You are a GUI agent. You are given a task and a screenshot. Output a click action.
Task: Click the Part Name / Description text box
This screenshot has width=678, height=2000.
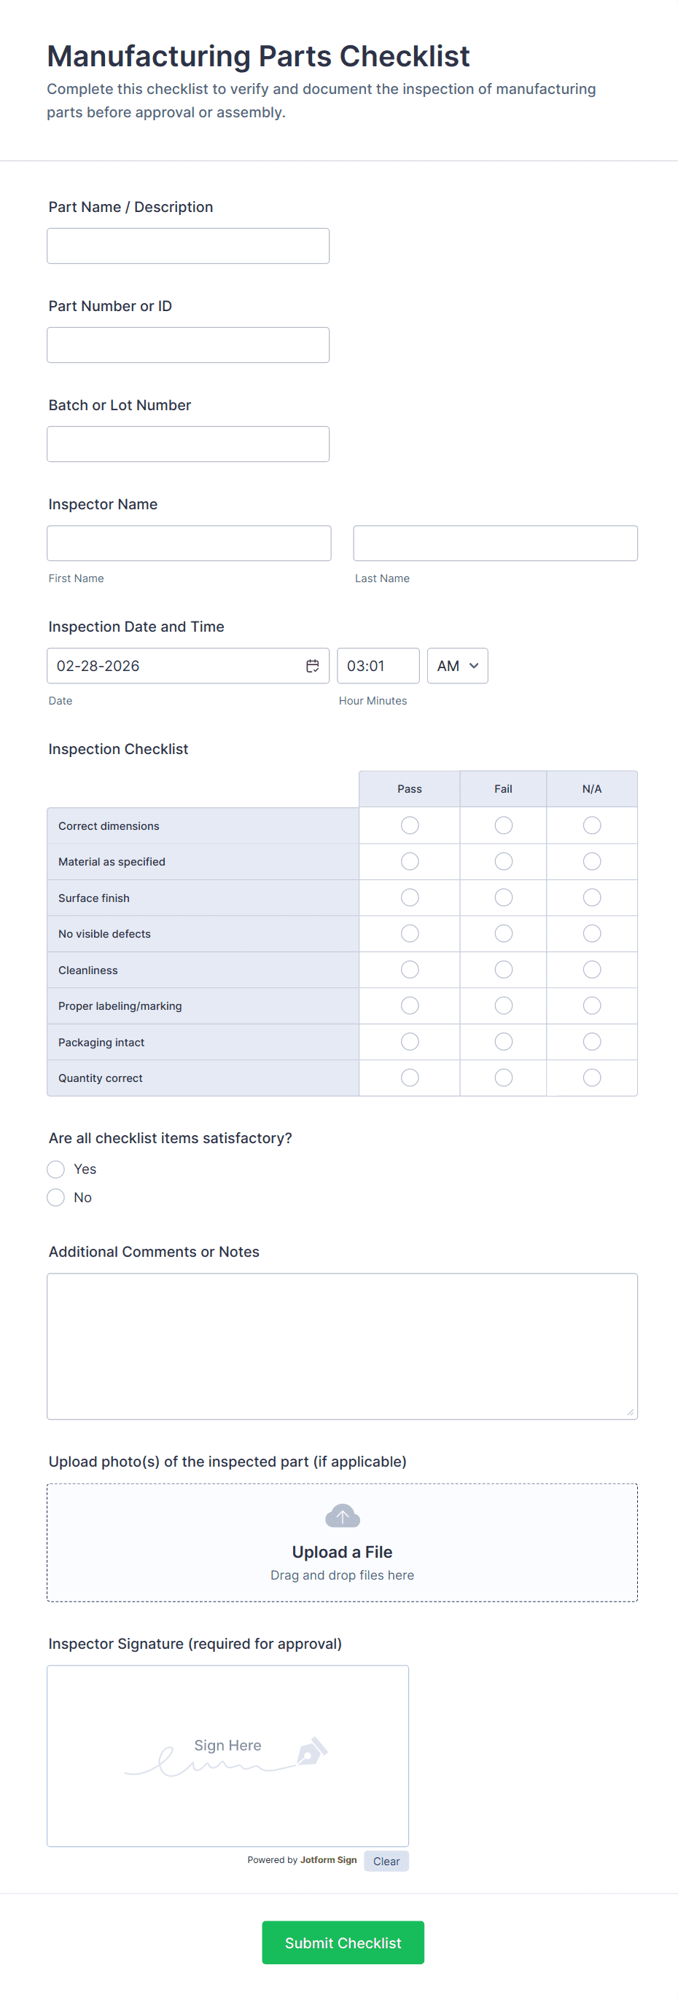(188, 246)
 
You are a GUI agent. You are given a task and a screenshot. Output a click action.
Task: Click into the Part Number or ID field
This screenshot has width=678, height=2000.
(188, 345)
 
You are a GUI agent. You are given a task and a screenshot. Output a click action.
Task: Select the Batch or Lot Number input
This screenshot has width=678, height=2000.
(188, 444)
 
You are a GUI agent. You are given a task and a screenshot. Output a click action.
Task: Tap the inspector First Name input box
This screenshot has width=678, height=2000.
(189, 544)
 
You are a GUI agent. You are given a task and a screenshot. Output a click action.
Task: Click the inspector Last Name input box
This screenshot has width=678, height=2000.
(495, 544)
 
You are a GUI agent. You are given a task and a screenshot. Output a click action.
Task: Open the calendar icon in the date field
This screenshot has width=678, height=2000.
(312, 666)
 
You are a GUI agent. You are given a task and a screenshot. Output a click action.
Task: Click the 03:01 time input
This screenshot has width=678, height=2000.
(378, 666)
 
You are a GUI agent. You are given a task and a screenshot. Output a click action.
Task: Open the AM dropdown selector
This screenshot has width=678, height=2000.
(457, 666)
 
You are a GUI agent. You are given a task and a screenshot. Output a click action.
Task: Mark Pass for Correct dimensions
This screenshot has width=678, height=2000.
(409, 826)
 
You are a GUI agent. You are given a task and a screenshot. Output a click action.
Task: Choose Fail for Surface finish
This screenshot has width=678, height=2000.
(503, 898)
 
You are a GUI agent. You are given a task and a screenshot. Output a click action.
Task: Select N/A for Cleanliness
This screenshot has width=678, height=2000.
(592, 970)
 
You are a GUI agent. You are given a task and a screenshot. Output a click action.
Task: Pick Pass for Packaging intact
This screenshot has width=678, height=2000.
(409, 1042)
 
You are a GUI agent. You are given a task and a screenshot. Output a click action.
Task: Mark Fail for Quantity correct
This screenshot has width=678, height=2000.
(503, 1078)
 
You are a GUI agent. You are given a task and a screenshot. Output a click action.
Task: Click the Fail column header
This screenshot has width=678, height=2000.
(503, 789)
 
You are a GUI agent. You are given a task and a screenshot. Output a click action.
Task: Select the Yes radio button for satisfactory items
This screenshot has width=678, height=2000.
(56, 1169)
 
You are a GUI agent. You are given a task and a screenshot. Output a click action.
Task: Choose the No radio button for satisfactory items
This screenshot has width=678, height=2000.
(56, 1197)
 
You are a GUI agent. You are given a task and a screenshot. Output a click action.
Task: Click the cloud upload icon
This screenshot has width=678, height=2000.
(342, 1515)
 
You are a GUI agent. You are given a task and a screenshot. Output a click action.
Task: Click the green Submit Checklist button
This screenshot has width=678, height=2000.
(343, 1942)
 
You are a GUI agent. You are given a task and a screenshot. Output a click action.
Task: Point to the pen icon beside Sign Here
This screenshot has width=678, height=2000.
(311, 1752)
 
